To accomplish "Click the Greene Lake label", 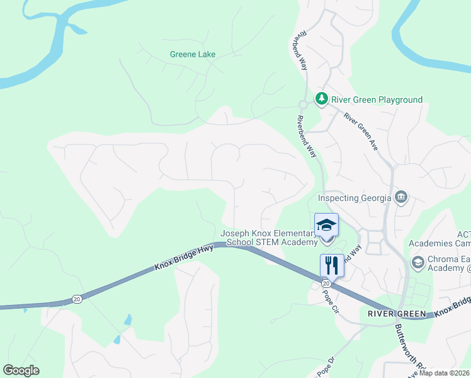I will point(193,54).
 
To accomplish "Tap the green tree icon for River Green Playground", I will point(322,99).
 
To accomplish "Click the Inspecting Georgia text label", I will point(355,197).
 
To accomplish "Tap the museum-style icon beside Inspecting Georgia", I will point(401,198).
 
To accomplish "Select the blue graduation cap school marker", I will point(326,225).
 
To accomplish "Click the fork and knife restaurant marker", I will point(332,265).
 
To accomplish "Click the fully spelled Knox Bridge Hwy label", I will point(184,258).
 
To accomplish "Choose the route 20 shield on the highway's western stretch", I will point(76,298).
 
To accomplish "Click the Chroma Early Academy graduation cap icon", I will point(417,261).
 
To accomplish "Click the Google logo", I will point(21,370).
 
